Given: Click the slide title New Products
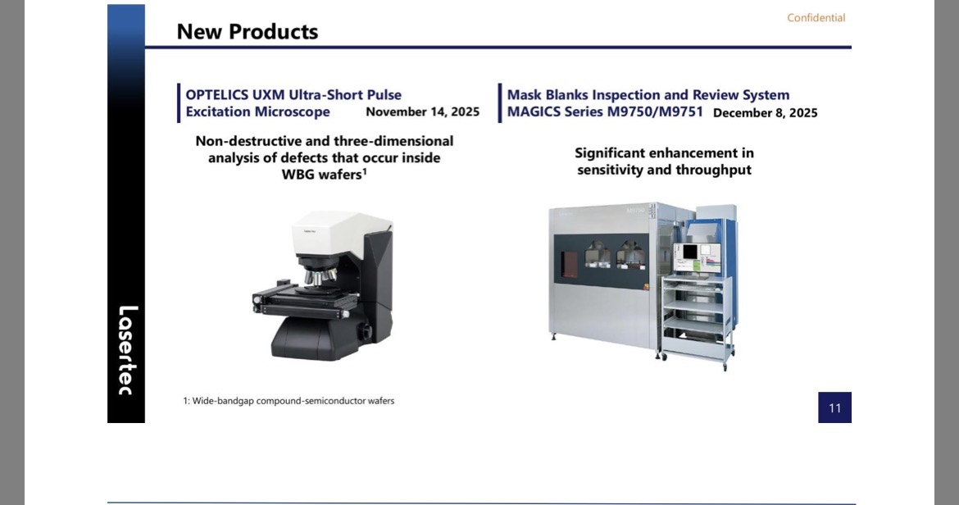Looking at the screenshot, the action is (x=247, y=32).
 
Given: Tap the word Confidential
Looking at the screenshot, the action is (x=816, y=18).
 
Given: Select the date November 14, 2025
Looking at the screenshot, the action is (x=423, y=111).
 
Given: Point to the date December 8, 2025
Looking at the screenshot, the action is (x=765, y=113).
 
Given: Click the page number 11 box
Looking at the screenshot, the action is (x=835, y=407).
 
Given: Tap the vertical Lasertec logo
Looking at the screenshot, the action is (x=126, y=350).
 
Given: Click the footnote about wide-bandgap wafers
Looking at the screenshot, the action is (x=289, y=401).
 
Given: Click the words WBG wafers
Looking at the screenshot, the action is (x=324, y=175).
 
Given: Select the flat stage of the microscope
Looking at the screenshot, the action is (x=300, y=299).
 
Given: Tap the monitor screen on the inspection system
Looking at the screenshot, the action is (x=697, y=256).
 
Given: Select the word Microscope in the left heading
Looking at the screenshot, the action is (x=293, y=111).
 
